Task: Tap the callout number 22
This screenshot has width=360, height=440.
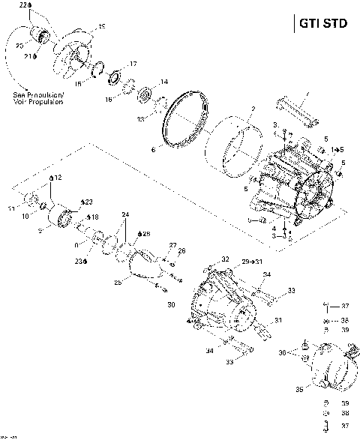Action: [24, 6]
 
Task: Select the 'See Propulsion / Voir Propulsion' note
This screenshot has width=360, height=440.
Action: [38, 98]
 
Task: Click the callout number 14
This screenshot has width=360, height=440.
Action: [163, 82]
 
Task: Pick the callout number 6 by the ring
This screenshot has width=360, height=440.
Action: [154, 150]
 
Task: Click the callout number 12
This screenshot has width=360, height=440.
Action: [57, 177]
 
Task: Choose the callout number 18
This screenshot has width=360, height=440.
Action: [93, 217]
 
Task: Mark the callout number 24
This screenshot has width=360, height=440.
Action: [124, 215]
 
